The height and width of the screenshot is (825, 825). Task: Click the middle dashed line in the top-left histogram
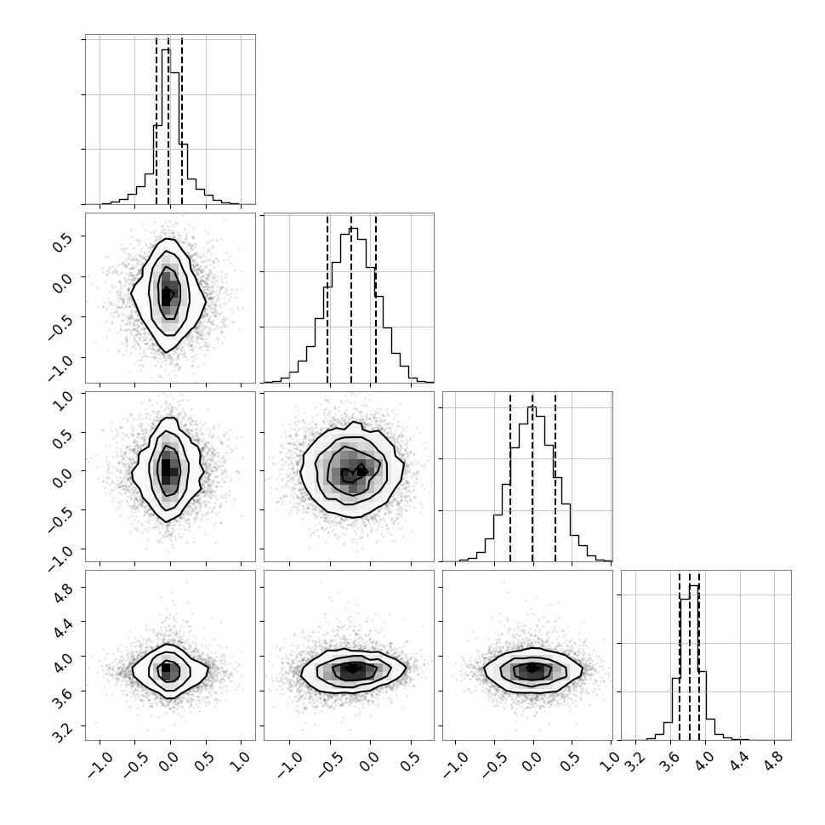[168, 121]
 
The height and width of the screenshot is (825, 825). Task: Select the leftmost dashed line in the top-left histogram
[156, 121]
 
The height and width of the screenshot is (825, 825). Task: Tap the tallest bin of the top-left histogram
[166, 126]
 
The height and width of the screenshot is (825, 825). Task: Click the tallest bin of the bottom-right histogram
[693, 663]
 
